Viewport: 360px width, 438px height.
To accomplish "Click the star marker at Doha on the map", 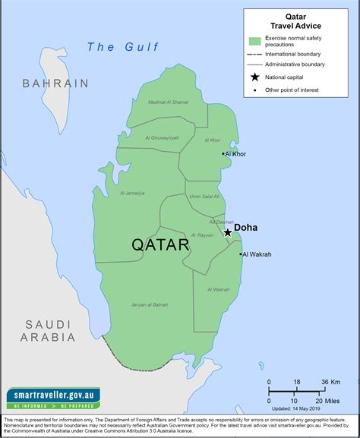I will coord(227,232).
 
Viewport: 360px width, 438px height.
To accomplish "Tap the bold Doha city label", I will coord(245,227).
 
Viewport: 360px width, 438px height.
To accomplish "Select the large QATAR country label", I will coord(160,245).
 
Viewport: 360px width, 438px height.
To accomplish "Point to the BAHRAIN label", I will coord(55,83).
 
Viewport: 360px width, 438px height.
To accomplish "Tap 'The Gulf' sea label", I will coord(123,47).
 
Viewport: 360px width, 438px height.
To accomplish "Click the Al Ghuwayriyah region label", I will coord(162,138).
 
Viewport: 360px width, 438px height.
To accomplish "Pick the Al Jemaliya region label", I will coord(132,194).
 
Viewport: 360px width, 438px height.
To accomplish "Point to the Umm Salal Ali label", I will coord(204,197).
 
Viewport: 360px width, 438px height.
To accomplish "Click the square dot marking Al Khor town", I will coord(223,154).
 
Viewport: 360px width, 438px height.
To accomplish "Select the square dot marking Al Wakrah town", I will coord(241,254).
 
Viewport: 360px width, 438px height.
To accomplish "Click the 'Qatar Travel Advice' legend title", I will coord(295,20).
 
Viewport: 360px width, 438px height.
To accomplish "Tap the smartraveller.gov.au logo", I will coord(53,399).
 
